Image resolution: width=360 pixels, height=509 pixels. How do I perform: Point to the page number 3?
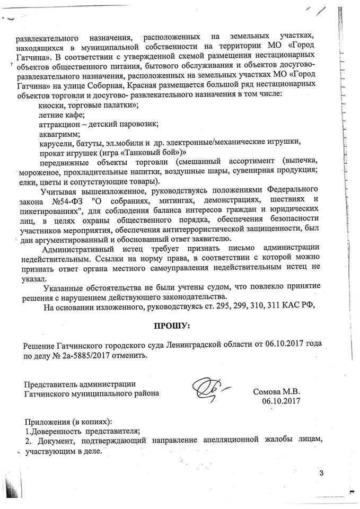point(321,472)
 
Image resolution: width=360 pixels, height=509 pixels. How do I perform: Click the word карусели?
point(56,142)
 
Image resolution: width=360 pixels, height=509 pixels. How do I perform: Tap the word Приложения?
point(48,420)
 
